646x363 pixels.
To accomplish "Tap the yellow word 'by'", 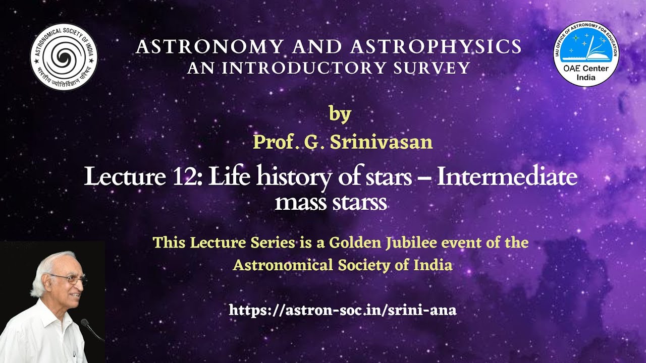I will point(340,114).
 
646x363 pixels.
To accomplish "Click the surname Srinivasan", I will point(381,142).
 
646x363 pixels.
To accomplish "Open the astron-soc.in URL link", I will point(343,310).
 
